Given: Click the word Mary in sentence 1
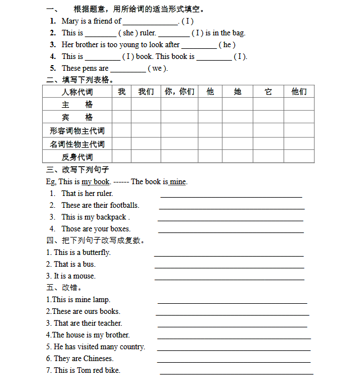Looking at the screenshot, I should [70, 21].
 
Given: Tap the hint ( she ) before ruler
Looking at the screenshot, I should [128, 33].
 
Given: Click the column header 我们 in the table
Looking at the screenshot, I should [146, 92].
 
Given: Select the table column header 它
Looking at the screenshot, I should [268, 92].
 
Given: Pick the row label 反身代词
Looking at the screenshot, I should [77, 157].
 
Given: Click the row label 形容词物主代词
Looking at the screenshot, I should [77, 131].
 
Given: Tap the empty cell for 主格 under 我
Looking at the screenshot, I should [121, 104].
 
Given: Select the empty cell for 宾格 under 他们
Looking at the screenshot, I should [299, 117].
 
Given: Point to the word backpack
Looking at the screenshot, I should [111, 217].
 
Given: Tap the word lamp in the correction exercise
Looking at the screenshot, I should [102, 300].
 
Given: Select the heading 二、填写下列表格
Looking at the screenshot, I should [80, 80].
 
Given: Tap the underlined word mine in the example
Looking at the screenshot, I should [177, 182].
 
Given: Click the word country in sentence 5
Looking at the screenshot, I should [132, 347].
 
